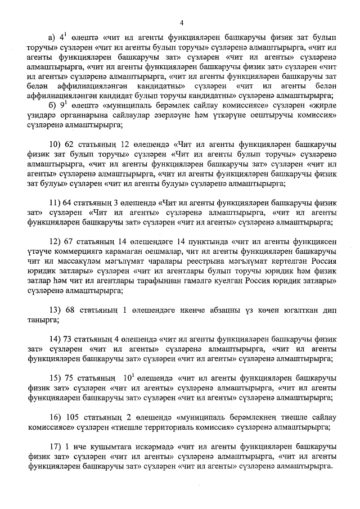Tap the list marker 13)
point(55,310)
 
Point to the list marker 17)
point(55,447)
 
